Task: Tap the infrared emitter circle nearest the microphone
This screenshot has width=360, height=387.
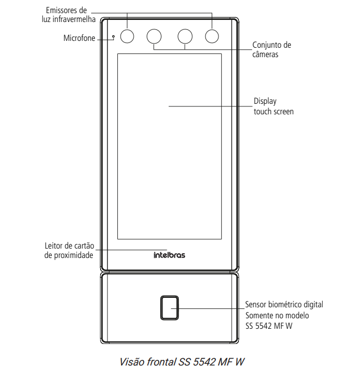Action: (127, 36)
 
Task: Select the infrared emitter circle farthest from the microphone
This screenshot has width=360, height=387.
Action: (212, 36)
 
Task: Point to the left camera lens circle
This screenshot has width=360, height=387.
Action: (154, 36)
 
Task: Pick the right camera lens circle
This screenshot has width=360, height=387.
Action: (185, 36)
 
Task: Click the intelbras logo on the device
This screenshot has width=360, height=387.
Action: (169, 255)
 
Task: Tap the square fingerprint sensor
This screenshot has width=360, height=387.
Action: (169, 308)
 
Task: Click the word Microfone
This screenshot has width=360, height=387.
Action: (80, 38)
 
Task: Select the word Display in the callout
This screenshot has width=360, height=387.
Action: (265, 101)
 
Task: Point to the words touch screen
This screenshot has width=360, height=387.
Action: (274, 112)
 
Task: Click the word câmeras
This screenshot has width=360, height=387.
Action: (265, 54)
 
